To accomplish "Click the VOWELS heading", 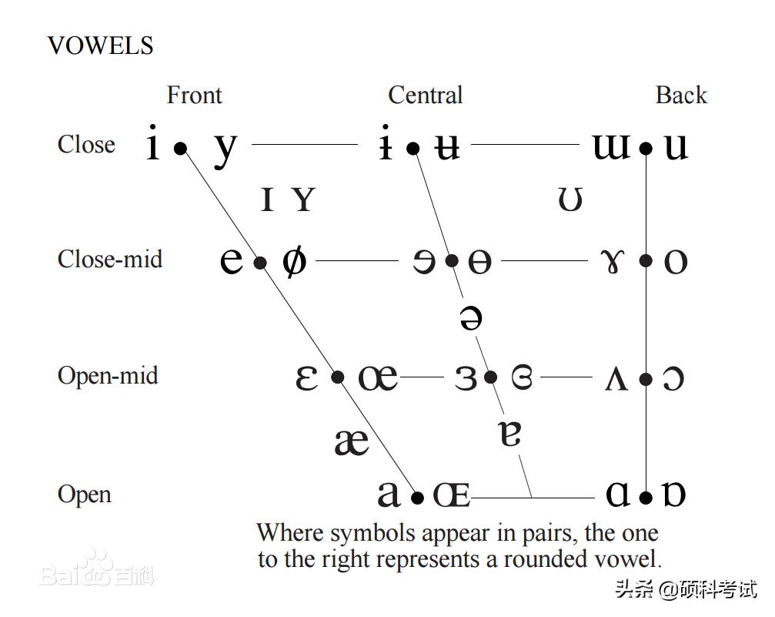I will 100,45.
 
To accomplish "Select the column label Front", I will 194,96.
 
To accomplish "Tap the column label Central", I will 425,96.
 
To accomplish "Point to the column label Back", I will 680,96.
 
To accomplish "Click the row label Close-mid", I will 109,259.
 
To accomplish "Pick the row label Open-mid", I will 107,376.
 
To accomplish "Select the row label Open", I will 84,494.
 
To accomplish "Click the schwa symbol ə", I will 470,317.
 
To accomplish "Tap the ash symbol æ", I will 352,441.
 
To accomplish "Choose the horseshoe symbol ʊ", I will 570,200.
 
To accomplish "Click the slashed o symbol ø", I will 293,261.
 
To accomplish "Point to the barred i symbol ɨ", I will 386,146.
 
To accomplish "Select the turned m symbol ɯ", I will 611,146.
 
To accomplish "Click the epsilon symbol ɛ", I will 306,377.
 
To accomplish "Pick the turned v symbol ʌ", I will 616,378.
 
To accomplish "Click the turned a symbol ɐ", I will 510,433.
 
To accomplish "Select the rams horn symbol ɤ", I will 612,262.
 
